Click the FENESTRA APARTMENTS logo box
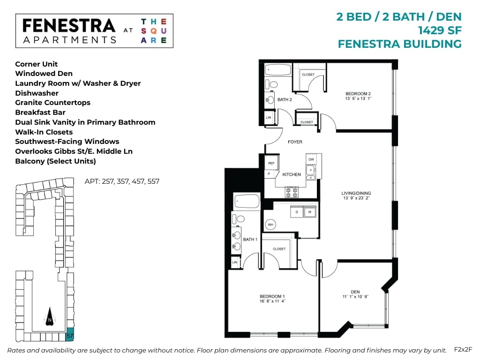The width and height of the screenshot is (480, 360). [94, 31]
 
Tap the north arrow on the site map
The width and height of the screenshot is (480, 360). [50, 317]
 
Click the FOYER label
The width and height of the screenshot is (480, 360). [295, 142]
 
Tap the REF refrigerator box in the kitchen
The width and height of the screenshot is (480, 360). [270, 163]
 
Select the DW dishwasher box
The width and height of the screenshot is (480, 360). [311, 159]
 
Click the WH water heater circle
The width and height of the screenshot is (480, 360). [270, 225]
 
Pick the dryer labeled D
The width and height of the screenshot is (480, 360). [297, 212]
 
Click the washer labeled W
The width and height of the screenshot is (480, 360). [309, 212]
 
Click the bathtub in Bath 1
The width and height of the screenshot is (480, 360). [247, 202]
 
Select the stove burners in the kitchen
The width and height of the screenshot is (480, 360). [292, 192]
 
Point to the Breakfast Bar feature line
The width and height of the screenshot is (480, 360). [40, 112]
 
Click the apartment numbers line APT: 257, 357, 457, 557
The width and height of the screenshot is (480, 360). [122, 181]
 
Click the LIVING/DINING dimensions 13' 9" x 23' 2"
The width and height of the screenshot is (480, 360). [356, 198]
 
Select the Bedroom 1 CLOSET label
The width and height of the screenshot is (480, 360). [279, 249]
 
